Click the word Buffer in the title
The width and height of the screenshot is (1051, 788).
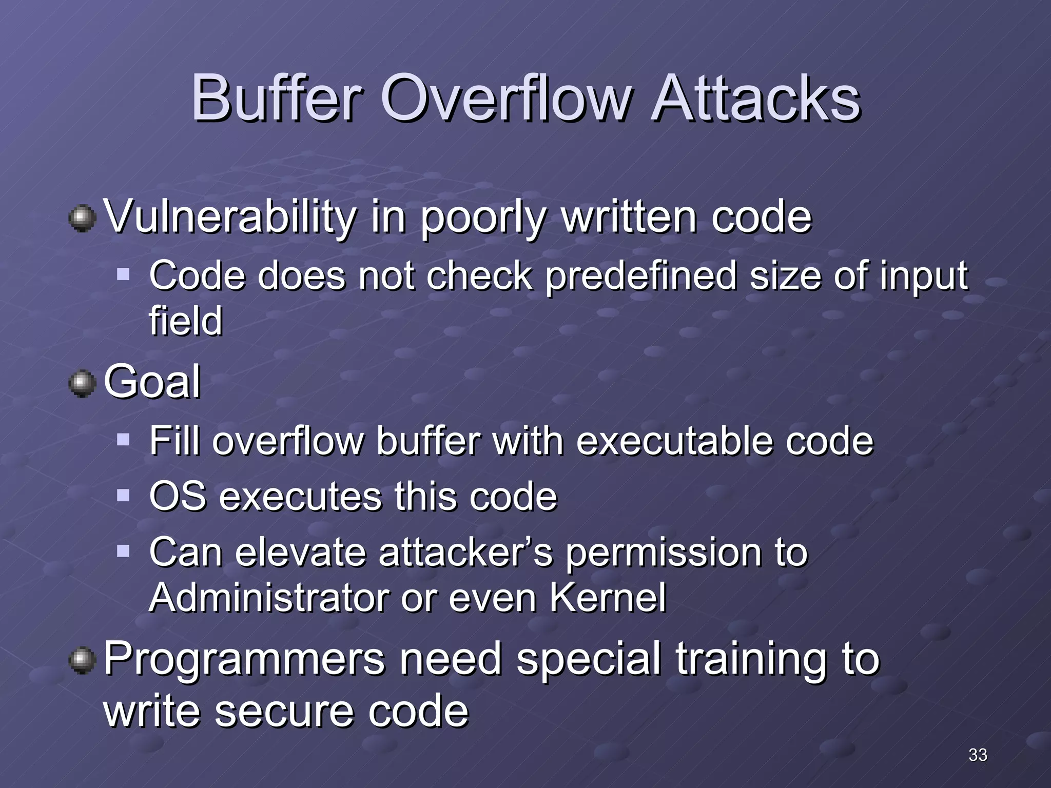point(277,98)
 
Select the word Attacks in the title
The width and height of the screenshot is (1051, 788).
point(755,98)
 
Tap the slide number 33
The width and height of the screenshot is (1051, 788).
point(978,755)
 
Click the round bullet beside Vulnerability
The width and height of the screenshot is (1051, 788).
point(82,219)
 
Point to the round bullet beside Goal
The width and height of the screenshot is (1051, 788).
point(82,384)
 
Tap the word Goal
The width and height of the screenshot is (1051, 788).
point(152,382)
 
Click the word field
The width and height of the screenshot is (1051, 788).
point(186,321)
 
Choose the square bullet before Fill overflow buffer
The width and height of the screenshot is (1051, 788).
point(123,439)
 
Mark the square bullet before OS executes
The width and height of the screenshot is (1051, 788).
point(123,495)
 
